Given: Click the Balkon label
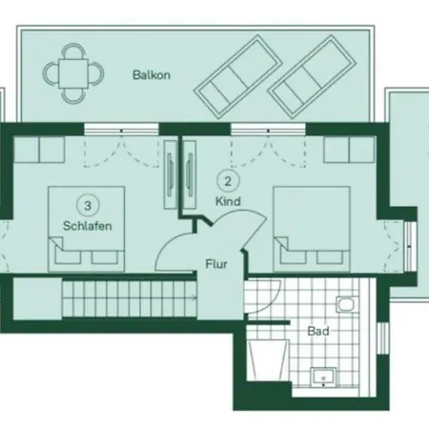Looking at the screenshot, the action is click(x=152, y=75).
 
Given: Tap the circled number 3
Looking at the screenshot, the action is click(x=88, y=206).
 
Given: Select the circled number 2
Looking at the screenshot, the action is click(x=228, y=181).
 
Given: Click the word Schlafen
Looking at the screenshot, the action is click(x=88, y=226).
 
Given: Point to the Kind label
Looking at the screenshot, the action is click(x=228, y=201).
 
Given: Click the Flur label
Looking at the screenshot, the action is click(x=216, y=264).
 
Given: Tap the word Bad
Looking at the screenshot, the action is click(x=318, y=331).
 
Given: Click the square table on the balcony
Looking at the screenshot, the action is click(x=73, y=73).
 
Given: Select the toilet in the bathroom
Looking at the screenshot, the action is click(x=348, y=305).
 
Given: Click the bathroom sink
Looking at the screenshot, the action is click(x=324, y=378).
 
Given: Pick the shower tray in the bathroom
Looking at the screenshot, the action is click(x=268, y=360).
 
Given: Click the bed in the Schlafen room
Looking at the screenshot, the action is click(x=86, y=229).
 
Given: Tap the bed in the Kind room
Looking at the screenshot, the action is click(x=312, y=229).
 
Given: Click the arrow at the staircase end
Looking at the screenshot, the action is click(x=194, y=297).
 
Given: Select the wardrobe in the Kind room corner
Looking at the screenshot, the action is click(x=349, y=150).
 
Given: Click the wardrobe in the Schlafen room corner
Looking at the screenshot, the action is click(x=39, y=150).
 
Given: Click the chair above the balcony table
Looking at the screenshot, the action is click(x=73, y=51).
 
